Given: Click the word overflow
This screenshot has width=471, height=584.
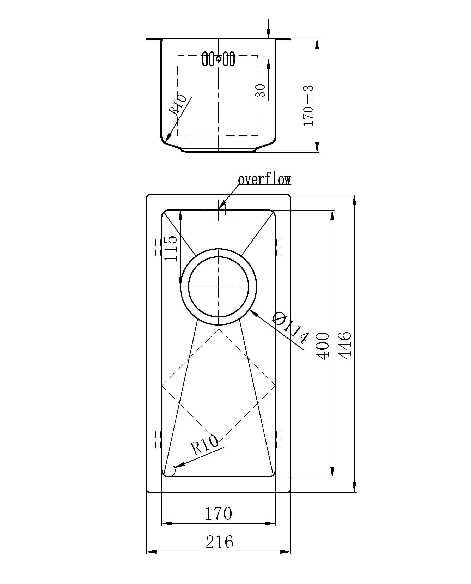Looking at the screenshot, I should point(264,180).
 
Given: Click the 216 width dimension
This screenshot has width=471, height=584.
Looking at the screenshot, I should point(219,542).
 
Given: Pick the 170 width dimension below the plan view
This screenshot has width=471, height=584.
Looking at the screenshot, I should point(219,513).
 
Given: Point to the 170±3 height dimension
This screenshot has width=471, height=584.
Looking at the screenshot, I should point(308,105).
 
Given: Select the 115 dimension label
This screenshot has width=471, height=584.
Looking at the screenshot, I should point(171,248).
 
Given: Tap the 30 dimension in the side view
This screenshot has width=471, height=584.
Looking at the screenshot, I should point(260,91).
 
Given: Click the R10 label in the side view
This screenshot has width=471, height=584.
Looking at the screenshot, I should point(178,105).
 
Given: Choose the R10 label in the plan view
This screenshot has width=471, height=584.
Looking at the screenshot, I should point(204,445).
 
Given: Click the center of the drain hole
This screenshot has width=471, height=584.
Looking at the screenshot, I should point(219,287).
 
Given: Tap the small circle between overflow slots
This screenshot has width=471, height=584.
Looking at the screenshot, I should point(219,59).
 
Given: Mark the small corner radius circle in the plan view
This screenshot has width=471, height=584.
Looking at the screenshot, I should point(170,471).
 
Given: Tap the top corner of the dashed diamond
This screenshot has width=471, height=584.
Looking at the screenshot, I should point(219,329).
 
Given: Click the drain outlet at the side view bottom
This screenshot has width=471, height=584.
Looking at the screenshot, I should point(219,150).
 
